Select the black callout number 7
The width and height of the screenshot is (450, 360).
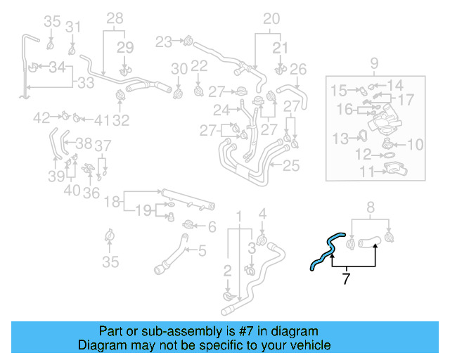(345, 279)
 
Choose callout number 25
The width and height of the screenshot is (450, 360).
(292, 166)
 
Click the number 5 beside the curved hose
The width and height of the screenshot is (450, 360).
(201, 250)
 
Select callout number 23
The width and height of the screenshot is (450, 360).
(163, 42)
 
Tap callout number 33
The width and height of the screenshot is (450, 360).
(86, 83)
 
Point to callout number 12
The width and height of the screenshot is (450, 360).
(364, 154)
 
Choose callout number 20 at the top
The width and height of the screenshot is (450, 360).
(271, 19)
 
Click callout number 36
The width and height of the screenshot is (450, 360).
(91, 192)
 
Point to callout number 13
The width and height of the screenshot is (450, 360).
(340, 137)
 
